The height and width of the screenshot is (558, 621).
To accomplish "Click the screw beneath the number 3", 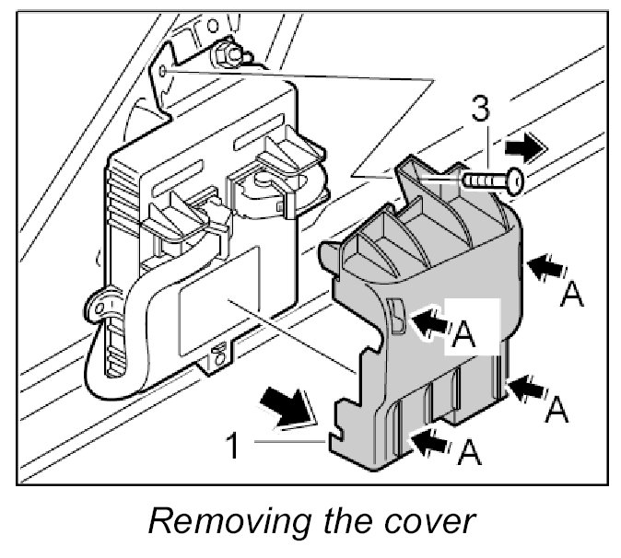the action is (x=494, y=180).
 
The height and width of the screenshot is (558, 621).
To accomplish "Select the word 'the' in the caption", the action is (x=350, y=522).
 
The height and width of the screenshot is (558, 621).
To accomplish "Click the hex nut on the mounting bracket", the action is (x=224, y=58).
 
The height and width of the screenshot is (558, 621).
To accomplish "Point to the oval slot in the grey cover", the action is (x=396, y=315).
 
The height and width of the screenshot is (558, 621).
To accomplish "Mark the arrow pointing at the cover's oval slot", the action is (x=430, y=321).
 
